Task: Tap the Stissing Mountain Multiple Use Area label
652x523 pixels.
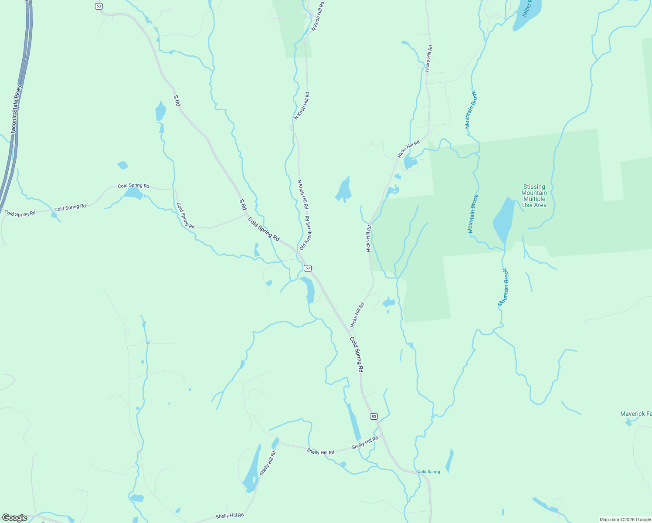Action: click(534, 196)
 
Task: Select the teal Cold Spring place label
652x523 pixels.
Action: click(428, 472)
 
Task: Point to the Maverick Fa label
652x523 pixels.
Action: click(636, 414)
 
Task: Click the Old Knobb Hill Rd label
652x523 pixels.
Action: click(306, 233)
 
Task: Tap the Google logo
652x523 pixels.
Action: click(14, 518)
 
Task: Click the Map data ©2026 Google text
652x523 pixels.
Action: click(625, 520)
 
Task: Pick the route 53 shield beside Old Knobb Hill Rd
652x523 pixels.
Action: click(308, 268)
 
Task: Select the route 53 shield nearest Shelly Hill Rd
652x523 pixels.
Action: click(374, 417)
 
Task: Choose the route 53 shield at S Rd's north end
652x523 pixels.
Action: click(99, 6)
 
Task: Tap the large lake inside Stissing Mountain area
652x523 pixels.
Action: click(503, 220)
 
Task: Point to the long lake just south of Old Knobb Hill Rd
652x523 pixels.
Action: click(309, 289)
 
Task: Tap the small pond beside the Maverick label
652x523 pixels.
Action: click(628, 422)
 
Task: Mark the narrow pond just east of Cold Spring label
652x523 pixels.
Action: click(449, 461)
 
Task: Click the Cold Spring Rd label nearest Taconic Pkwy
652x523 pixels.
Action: click(20, 214)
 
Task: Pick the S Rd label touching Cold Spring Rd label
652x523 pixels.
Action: click(243, 205)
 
